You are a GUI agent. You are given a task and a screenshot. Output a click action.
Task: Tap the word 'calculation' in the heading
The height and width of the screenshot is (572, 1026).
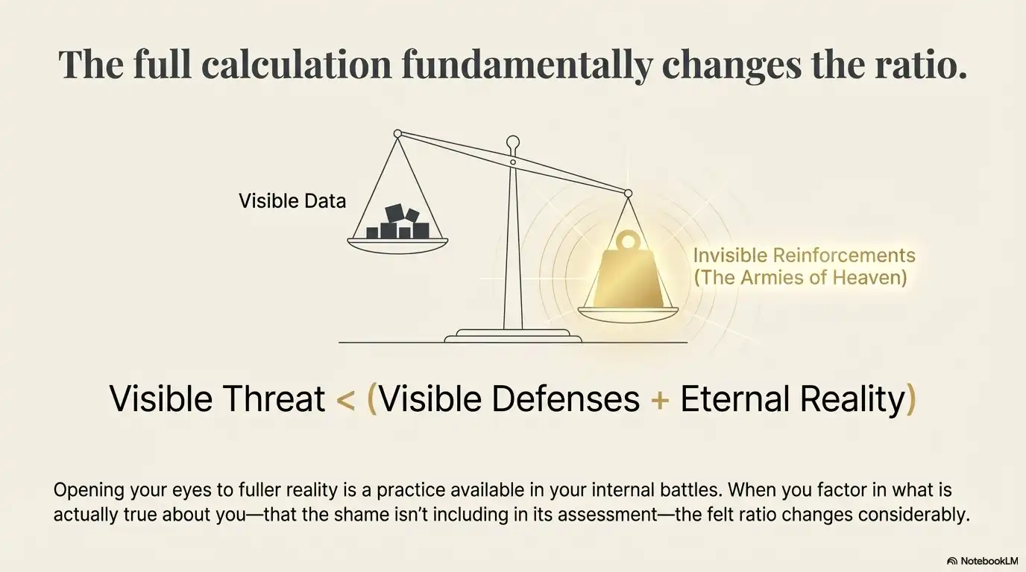(295, 65)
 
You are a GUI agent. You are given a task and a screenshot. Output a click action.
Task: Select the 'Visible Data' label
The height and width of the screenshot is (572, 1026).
(292, 200)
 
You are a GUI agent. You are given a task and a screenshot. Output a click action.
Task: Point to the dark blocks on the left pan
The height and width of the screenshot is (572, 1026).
(398, 223)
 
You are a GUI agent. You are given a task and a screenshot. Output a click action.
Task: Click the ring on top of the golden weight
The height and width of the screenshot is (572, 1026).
(628, 241)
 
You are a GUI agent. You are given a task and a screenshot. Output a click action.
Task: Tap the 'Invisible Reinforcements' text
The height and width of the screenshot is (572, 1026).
(804, 255)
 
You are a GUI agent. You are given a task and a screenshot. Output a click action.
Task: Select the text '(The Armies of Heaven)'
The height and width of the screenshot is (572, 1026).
(800, 279)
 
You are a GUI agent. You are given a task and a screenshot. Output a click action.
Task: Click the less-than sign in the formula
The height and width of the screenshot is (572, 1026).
(345, 400)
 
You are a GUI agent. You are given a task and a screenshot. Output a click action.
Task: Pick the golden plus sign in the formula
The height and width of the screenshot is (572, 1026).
(659, 400)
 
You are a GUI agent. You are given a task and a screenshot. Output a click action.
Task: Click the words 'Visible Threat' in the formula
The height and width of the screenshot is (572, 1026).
(217, 399)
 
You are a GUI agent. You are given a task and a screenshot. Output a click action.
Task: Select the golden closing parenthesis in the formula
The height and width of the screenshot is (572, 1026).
(910, 400)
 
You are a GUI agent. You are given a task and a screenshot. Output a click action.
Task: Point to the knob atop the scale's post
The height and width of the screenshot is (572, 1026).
(513, 142)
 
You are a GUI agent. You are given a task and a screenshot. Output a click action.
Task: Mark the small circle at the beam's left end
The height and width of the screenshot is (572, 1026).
(397, 134)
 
